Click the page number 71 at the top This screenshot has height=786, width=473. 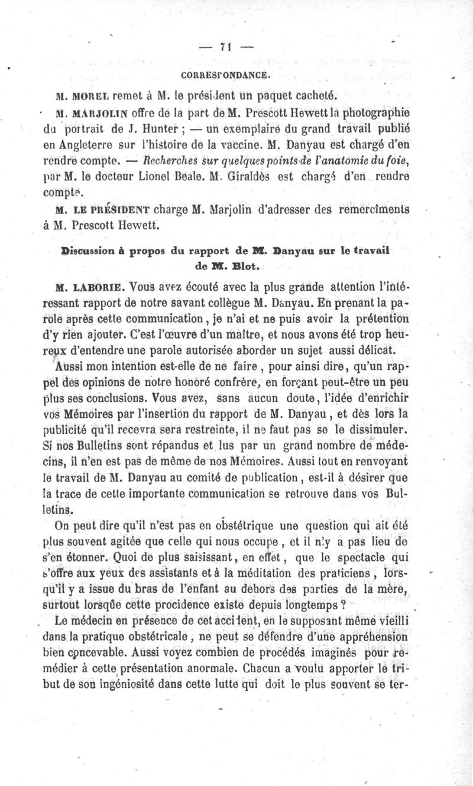224,48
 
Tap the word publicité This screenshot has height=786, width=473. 86,428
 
